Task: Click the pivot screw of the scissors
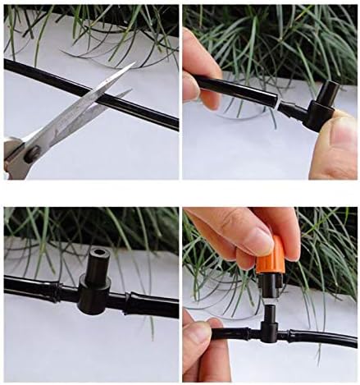(35, 150)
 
